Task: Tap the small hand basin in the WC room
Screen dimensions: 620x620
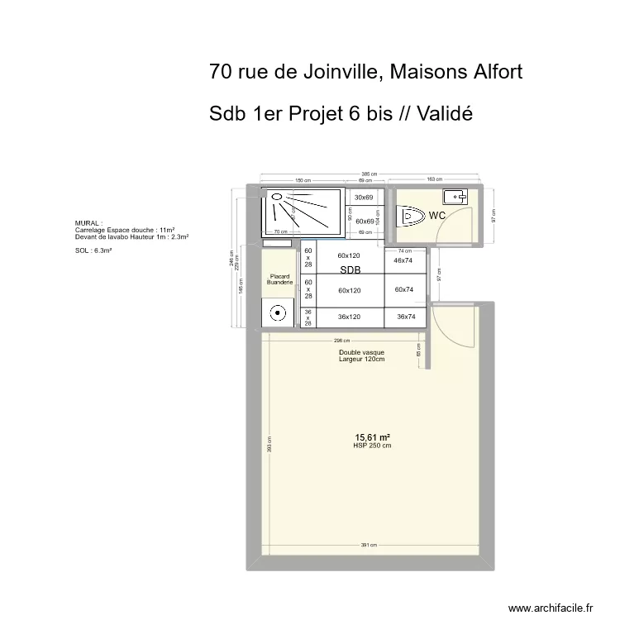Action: [x=455, y=197]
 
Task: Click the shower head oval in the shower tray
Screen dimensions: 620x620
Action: [x=276, y=198]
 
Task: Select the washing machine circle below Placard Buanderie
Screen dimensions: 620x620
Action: [x=279, y=313]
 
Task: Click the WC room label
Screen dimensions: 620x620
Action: [x=438, y=216]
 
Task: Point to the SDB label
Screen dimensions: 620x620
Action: [x=350, y=270]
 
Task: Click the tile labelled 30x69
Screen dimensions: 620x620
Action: [x=365, y=198]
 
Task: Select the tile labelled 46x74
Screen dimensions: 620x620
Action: [x=403, y=260]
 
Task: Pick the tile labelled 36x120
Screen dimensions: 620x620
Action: [x=350, y=317]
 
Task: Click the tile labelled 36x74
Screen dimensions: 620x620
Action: [x=406, y=317]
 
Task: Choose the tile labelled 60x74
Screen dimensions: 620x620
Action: [x=403, y=289]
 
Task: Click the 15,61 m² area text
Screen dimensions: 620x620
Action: [x=372, y=437]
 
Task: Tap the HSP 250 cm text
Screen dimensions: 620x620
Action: [x=372, y=446]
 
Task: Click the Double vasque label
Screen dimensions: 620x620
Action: [x=361, y=352]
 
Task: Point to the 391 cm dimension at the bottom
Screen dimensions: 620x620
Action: [x=369, y=546]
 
